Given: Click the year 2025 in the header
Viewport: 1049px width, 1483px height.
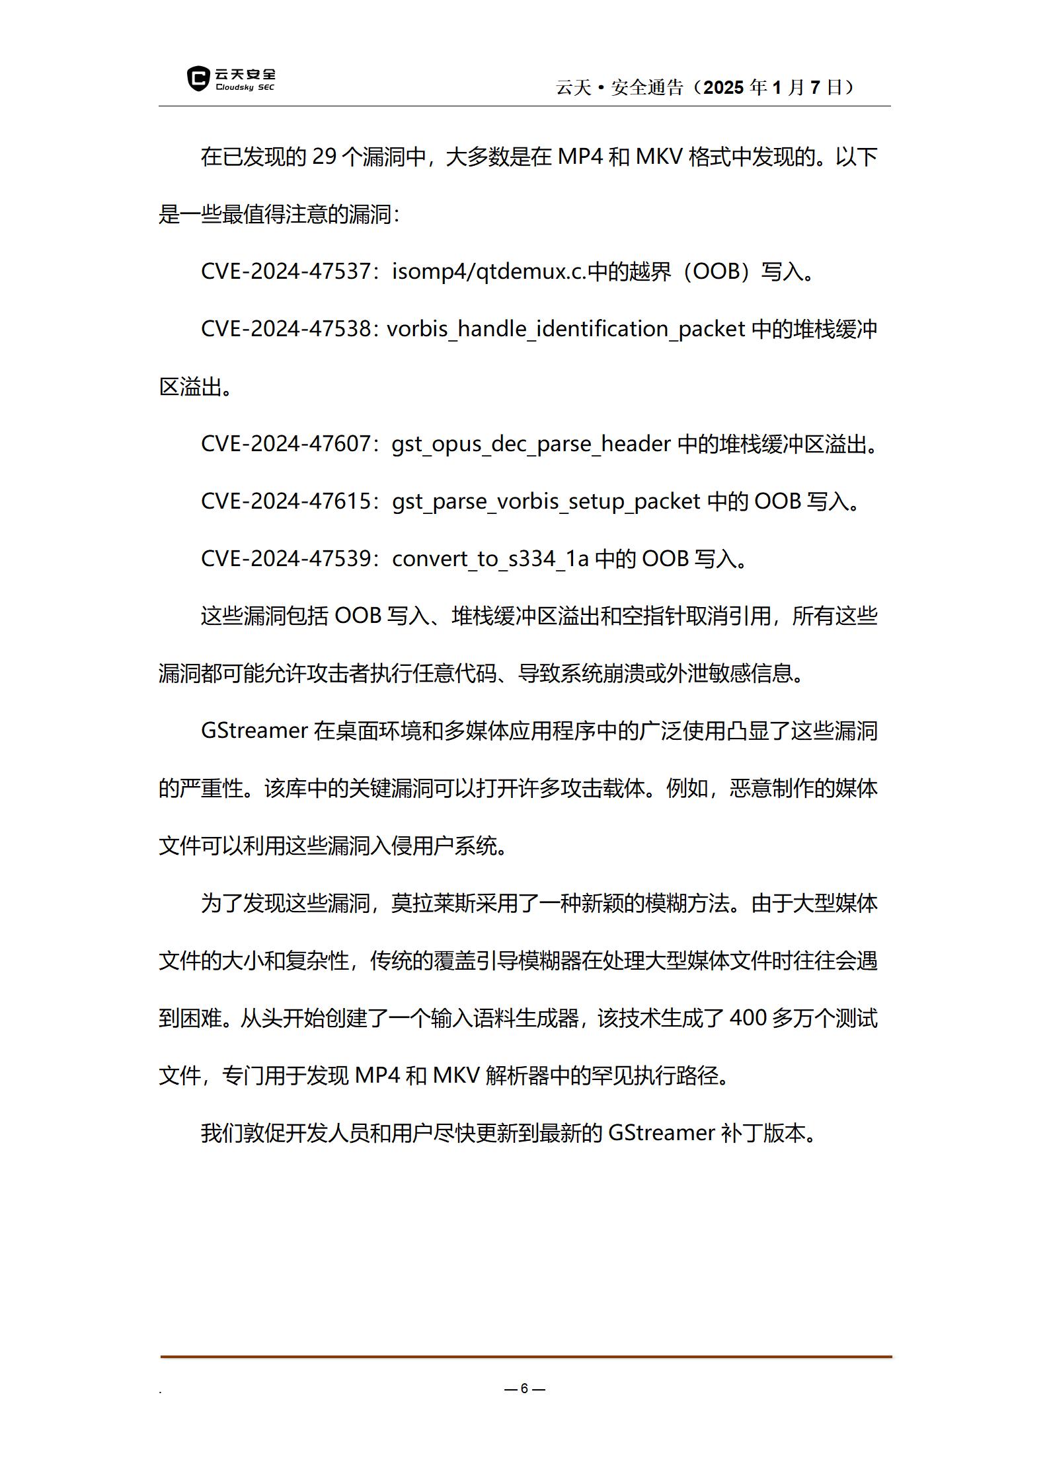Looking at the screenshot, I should pos(725,87).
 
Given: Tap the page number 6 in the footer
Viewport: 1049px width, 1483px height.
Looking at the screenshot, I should pos(524,1388).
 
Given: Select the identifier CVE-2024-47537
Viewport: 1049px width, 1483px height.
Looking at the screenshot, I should pos(286,271).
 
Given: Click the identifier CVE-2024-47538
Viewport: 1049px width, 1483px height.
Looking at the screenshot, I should pos(286,329).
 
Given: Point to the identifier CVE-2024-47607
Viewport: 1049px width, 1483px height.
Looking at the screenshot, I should pos(286,444).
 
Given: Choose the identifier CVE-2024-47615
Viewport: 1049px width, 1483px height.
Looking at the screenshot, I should pos(286,501).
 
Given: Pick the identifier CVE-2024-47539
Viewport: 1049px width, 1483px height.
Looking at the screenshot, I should pos(286,559).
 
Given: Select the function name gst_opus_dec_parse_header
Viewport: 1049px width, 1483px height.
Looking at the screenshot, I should pos(531,444).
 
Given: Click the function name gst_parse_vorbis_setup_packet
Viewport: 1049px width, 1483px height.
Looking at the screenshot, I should pos(546,501).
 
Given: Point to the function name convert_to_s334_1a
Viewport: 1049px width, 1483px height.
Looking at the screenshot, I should pos(490,559).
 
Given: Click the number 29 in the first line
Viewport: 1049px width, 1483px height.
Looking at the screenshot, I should pos(325,157).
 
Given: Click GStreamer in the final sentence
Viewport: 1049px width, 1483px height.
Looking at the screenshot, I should pos(661,1133).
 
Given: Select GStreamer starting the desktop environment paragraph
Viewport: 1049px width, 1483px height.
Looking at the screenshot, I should pos(254,731).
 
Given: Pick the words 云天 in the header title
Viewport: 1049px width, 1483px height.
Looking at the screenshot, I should pos(573,87).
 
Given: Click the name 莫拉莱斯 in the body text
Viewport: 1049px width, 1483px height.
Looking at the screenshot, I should pos(433,903).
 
